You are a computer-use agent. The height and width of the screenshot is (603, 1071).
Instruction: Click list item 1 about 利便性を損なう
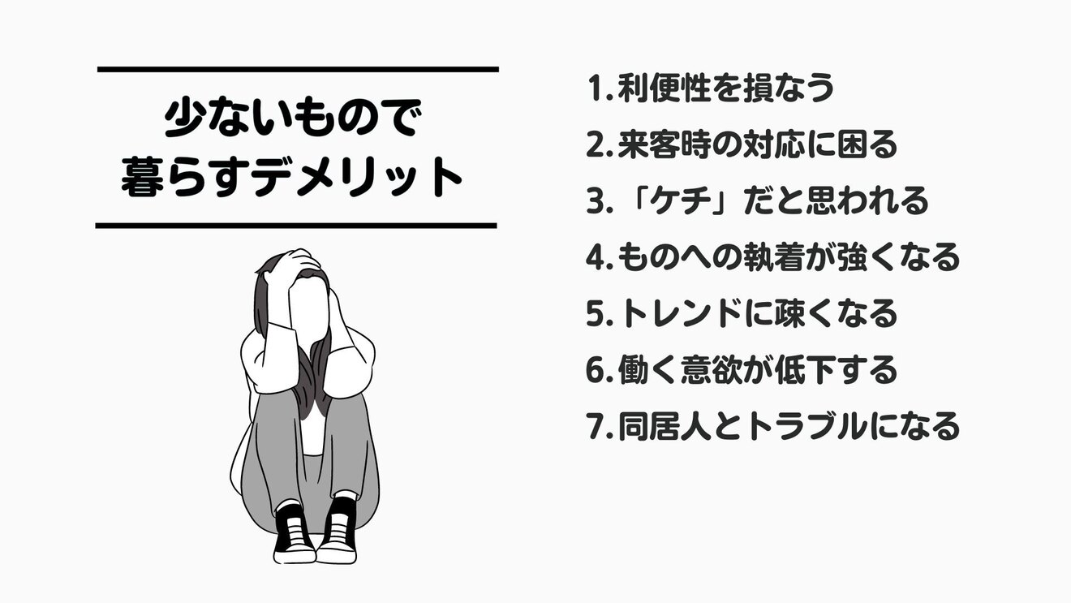click(x=710, y=88)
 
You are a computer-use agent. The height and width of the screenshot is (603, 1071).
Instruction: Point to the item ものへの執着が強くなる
click(x=772, y=257)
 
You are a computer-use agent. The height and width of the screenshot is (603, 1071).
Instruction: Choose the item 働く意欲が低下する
click(x=742, y=369)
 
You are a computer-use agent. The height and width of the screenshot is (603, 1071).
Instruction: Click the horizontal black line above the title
click(x=297, y=70)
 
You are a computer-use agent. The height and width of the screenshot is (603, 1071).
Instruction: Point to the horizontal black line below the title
click(x=296, y=225)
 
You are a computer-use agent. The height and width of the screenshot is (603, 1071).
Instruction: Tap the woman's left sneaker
click(x=338, y=532)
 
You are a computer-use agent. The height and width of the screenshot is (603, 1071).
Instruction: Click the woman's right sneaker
click(x=293, y=532)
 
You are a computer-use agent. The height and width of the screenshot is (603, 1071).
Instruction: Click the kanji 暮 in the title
click(x=144, y=179)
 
